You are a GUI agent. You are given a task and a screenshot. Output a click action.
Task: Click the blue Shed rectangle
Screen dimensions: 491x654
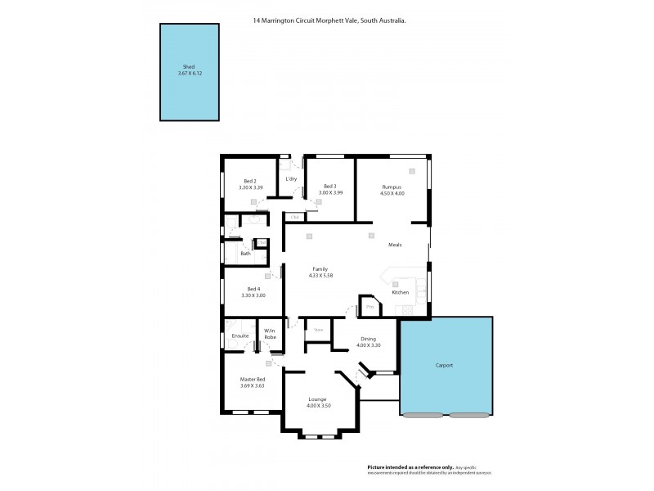pyautogui.click(x=190, y=72)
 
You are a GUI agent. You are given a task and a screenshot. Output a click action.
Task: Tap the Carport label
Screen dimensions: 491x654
pyautogui.click(x=444, y=366)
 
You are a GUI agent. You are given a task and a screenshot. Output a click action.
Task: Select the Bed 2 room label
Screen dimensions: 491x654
pyautogui.click(x=250, y=182)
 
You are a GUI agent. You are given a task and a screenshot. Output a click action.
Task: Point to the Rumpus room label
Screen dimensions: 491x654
pyautogui.click(x=392, y=187)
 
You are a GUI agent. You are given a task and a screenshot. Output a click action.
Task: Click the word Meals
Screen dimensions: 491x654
pyautogui.click(x=395, y=244)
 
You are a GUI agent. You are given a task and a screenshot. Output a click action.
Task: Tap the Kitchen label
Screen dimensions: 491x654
pyautogui.click(x=400, y=292)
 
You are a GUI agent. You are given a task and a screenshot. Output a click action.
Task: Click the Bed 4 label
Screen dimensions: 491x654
pyautogui.click(x=253, y=288)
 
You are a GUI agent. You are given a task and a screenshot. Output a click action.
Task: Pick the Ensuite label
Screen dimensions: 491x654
pyautogui.click(x=240, y=336)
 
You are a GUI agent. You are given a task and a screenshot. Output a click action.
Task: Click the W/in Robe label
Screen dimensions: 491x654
pyautogui.click(x=270, y=334)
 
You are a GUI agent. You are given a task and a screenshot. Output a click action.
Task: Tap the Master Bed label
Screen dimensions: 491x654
pyautogui.click(x=251, y=379)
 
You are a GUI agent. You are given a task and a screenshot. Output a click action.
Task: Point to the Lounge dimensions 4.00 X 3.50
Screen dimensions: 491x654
pyautogui.click(x=318, y=406)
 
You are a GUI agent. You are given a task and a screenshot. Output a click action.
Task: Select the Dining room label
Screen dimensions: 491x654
pyautogui.click(x=369, y=338)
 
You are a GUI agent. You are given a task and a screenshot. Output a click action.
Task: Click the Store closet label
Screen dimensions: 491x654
pyautogui.click(x=319, y=330)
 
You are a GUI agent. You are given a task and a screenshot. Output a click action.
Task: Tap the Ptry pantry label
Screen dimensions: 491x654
pyautogui.click(x=370, y=307)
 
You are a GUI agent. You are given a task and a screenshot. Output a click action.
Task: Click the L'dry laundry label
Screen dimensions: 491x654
pyautogui.click(x=290, y=179)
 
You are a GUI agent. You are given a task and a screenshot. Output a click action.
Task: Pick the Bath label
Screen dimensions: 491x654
pyautogui.click(x=245, y=254)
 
